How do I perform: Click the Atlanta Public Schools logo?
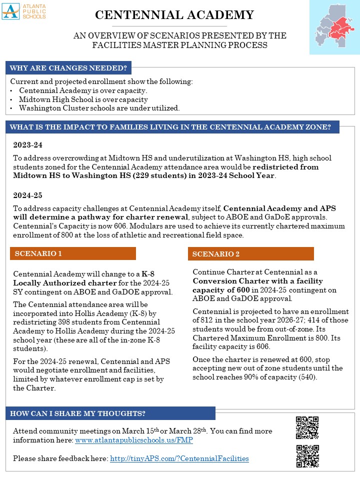click(24, 11)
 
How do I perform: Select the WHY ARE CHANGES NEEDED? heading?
click(68, 68)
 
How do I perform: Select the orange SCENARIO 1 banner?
click(73, 253)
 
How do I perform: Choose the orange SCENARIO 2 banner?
click(250, 254)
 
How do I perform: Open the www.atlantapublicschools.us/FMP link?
click(133, 440)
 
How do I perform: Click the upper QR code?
click(307, 427)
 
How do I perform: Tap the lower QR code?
click(307, 456)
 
